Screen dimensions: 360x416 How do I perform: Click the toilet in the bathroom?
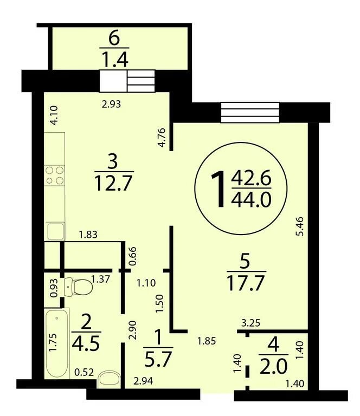78,287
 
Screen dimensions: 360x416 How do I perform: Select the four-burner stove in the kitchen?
55,175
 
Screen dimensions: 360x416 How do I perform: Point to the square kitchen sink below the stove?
55,231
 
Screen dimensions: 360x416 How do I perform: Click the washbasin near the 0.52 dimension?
109,379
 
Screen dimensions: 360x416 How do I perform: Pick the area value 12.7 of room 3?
114,184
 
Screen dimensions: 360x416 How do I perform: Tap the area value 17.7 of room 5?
246,283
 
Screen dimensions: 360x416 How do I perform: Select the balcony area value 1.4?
115,60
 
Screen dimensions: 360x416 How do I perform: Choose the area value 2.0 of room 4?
273,366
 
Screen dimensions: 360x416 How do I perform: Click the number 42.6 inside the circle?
251,178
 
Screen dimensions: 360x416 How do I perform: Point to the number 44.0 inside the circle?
251,199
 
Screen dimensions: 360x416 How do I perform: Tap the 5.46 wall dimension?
300,226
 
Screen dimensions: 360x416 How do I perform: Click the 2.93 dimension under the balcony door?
111,104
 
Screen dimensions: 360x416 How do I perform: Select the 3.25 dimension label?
250,323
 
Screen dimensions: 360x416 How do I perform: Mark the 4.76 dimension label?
162,138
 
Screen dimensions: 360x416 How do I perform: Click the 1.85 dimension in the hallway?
206,341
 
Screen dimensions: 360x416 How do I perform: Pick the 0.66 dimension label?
132,256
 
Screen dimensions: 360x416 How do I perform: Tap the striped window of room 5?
250,113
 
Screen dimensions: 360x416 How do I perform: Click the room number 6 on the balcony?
114,39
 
